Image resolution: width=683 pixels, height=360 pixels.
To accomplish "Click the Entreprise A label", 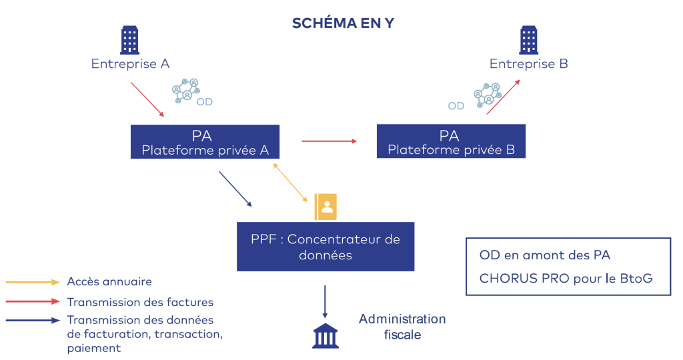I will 130,64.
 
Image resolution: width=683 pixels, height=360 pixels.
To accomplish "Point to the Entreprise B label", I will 529,64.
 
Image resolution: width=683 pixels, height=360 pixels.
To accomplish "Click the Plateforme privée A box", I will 205,142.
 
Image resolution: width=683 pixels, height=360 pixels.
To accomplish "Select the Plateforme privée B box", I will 451,142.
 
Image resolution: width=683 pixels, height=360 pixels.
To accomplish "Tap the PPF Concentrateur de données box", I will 325,247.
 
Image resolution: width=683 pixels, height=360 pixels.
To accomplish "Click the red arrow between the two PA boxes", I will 329,141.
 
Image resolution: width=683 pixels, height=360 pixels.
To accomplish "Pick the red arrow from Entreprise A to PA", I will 147,99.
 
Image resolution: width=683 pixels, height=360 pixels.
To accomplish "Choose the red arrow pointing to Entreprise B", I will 504,97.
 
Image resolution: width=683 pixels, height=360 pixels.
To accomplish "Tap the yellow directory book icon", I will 326,207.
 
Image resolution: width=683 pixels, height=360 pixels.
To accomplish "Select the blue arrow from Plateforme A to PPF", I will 235,189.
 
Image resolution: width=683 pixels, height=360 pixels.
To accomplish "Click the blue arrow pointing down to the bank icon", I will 325,301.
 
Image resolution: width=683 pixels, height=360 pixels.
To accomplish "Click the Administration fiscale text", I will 402,327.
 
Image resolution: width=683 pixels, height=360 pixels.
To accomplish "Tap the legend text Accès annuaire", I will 109,282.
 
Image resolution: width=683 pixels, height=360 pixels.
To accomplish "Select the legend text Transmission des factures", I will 140,303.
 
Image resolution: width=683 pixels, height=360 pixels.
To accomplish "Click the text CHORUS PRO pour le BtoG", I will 566,278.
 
